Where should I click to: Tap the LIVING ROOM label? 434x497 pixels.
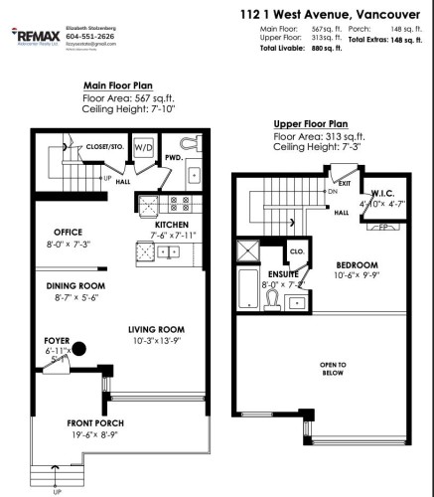click(160, 330)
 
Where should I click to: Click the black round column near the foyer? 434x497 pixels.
click(80, 349)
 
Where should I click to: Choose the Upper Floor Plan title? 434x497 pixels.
click(313, 123)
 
